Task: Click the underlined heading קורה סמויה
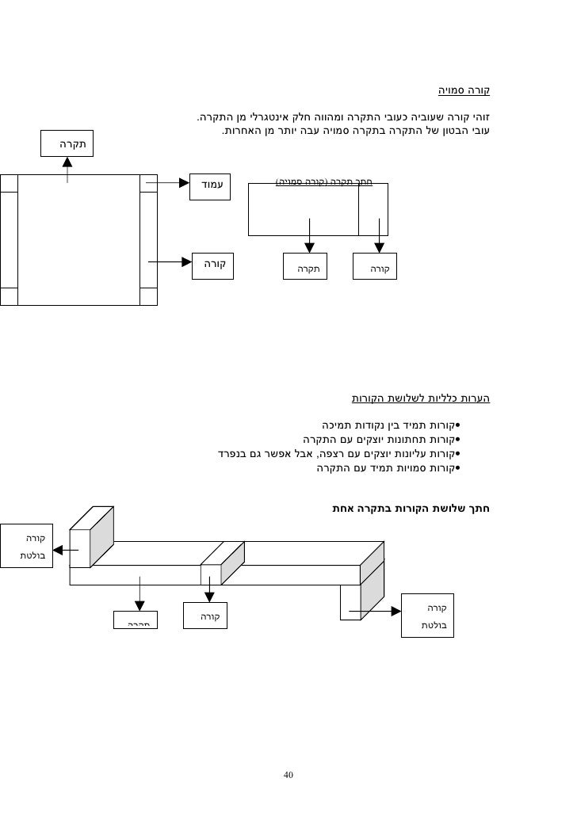pos(464,90)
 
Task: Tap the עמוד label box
pos(210,184)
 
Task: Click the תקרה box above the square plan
pos(67,144)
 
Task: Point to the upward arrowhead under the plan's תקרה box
pos(67,162)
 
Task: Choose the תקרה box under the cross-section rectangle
pos(306,268)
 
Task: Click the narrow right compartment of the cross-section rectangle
pos(373,209)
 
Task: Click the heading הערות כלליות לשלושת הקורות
pos(421,398)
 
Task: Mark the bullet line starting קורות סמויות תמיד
pos(388,468)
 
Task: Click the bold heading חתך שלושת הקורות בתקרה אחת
pos(411,507)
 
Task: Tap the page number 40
pos(288,774)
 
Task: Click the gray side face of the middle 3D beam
pos(232,563)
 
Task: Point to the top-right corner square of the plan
pos(148,183)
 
